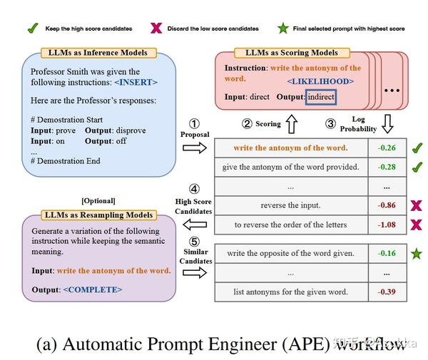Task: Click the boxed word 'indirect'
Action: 320,97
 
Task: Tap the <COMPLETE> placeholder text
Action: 93,289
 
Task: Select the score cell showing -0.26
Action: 387,148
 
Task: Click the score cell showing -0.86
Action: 387,206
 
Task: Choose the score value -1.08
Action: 387,225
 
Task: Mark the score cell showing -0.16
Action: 387,254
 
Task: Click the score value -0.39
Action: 387,292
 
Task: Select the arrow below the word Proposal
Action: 193,147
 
